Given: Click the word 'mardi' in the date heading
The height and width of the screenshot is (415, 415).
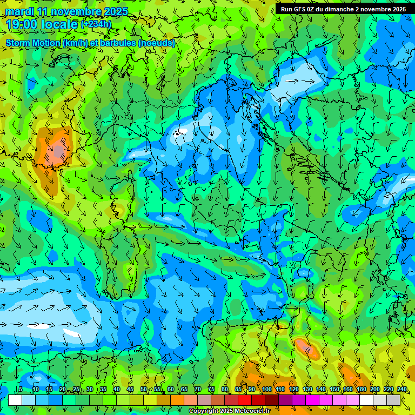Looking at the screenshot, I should [19, 12].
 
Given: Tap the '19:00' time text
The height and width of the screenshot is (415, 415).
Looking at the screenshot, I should [21, 24].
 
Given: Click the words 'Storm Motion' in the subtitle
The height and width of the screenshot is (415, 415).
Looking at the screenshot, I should [33, 43].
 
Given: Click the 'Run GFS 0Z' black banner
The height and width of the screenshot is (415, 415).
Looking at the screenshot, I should [344, 9].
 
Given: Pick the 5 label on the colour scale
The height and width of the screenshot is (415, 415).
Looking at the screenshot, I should [20, 389].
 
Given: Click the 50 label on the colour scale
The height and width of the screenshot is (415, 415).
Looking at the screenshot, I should [143, 389].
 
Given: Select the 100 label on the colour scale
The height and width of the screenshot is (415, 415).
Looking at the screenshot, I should [266, 389].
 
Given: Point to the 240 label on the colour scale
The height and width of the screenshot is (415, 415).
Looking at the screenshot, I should [402, 389].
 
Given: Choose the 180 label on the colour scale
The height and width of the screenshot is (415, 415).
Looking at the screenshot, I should [361, 389].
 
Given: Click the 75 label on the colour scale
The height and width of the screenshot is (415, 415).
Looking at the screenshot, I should [211, 389].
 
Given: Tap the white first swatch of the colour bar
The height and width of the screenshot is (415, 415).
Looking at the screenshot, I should [15, 400].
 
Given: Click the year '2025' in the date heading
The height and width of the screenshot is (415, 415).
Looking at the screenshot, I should [115, 12].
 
